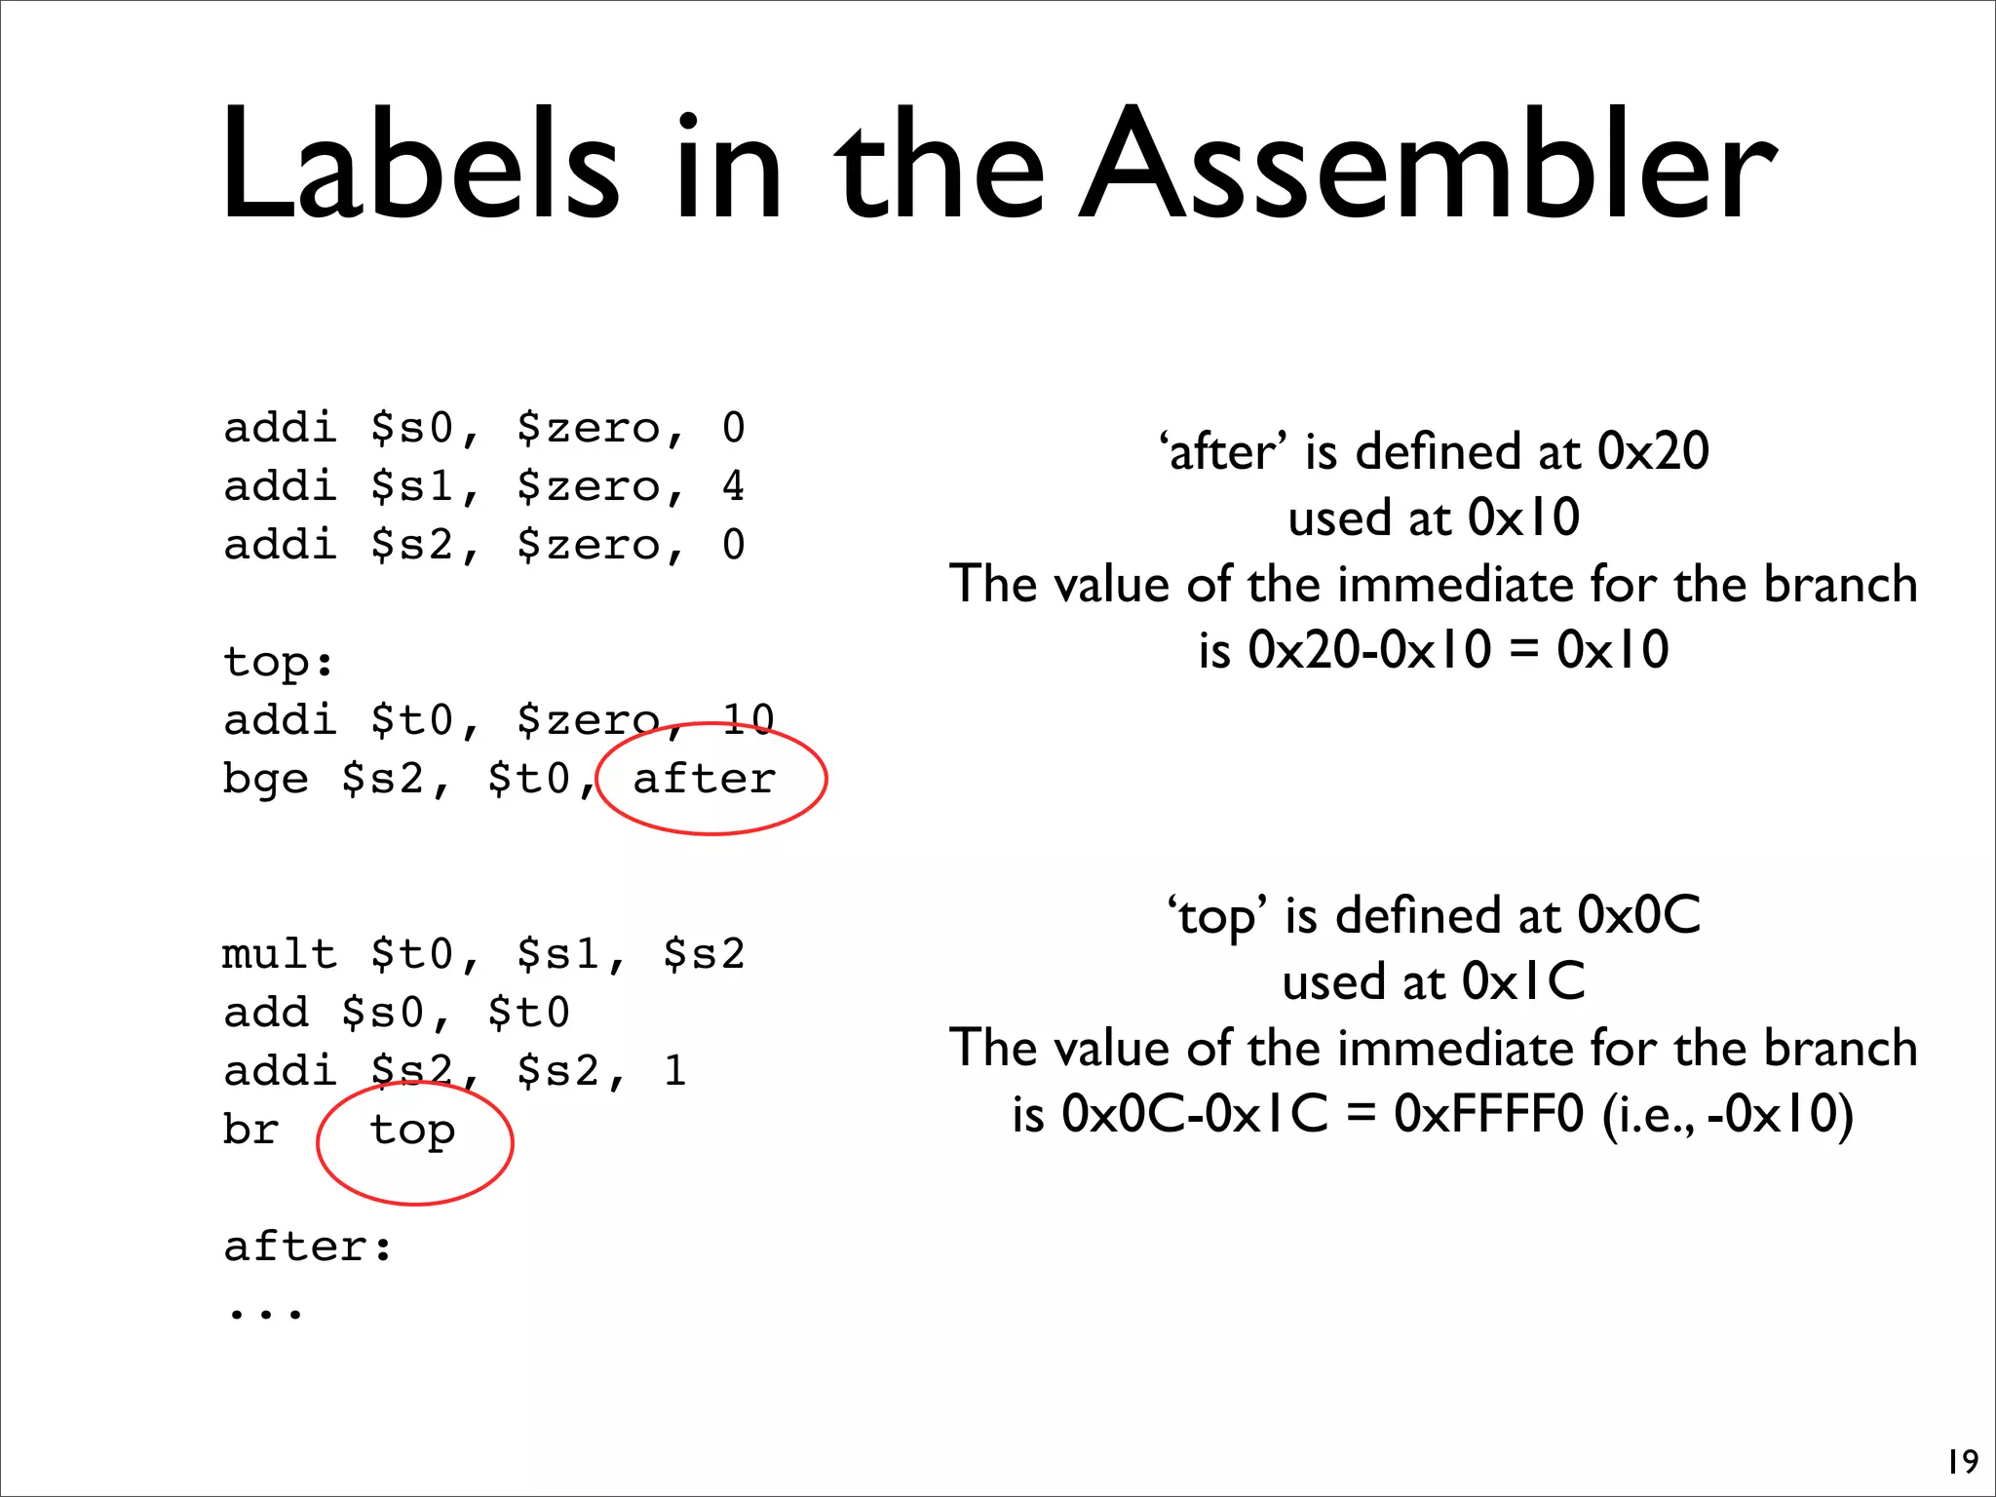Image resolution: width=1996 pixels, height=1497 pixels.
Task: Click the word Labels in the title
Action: (x=419, y=166)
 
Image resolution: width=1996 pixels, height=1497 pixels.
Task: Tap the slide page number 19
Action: (x=1962, y=1462)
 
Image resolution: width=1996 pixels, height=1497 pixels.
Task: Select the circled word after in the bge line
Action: (x=705, y=780)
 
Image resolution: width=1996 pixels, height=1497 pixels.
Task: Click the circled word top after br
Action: (x=412, y=1132)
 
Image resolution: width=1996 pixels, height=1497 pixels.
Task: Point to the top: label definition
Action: (x=279, y=663)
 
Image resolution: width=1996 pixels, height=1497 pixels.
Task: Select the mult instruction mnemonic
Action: (x=279, y=955)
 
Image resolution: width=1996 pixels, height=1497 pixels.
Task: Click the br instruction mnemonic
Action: (x=250, y=1131)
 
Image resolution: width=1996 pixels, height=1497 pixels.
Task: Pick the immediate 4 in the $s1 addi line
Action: (x=734, y=486)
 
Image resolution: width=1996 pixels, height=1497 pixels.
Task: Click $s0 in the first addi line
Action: (x=412, y=429)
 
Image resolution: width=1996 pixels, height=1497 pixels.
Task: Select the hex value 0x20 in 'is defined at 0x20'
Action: (x=1653, y=452)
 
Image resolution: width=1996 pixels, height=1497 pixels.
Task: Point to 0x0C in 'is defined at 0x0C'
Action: (x=1639, y=916)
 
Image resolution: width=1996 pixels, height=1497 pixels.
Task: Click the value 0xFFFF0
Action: (x=1489, y=1114)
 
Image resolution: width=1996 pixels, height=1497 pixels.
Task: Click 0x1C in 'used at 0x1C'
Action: (x=1523, y=981)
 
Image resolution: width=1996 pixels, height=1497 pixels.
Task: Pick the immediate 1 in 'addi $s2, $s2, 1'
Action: (x=675, y=1072)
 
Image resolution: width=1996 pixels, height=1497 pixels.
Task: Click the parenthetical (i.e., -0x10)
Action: (x=1728, y=1114)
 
